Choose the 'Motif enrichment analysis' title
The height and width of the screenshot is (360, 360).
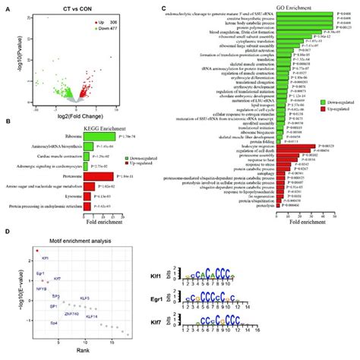pos(71,240)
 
